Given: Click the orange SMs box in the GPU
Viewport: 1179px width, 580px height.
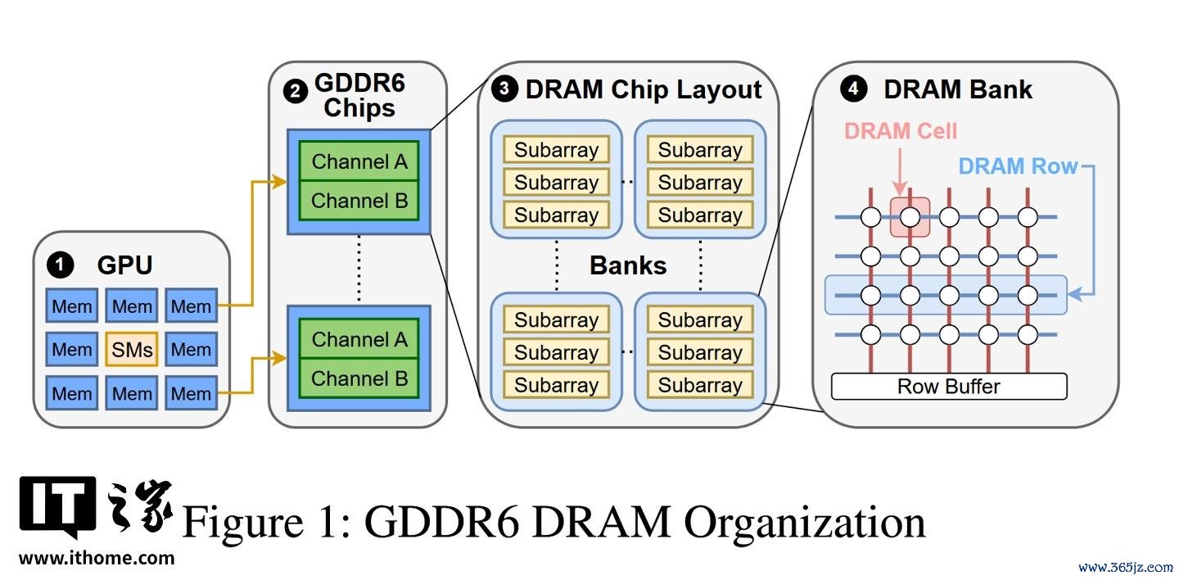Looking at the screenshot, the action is (132, 349).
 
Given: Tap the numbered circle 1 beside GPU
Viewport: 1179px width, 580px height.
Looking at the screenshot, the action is (60, 265).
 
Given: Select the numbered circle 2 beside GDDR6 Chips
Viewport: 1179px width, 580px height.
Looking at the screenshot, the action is (296, 92).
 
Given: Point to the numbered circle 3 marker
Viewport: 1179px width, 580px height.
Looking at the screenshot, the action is (504, 88).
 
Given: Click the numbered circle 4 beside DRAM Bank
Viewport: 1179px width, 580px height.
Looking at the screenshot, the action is (853, 88).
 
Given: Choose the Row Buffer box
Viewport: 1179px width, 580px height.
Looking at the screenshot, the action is (949, 387).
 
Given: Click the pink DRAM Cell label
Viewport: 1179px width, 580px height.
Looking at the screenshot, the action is (901, 130).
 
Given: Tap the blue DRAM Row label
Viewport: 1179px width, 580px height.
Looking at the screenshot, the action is (1018, 166).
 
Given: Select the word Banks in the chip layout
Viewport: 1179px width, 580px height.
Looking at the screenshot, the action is (628, 265).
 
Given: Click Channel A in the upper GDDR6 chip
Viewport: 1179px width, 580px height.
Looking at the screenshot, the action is (359, 161).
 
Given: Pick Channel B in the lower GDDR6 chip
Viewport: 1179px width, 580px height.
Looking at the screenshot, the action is (359, 378).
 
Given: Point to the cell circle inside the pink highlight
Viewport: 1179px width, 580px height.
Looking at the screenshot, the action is (910, 217).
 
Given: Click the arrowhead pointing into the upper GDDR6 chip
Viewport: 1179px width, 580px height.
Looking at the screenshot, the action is (279, 182).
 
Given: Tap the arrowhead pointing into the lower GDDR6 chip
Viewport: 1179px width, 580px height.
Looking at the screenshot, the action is (279, 358).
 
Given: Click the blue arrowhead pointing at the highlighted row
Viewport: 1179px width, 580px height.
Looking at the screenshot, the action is (1076, 294).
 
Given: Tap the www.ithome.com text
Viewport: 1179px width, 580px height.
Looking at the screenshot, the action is (97, 559).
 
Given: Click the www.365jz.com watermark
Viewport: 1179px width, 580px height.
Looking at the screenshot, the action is (1126, 568).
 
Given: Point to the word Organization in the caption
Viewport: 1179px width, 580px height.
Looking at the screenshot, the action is (805, 523).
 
